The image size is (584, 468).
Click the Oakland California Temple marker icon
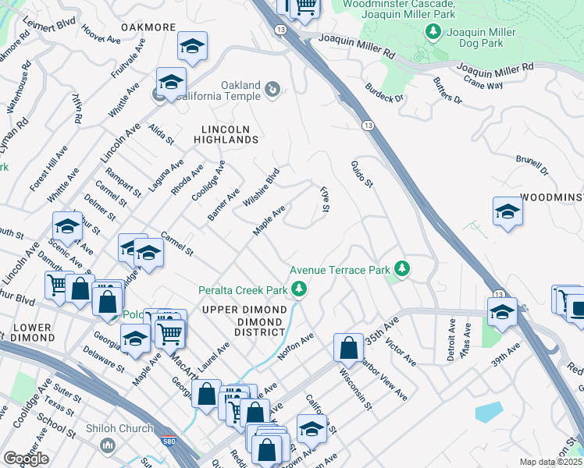[272, 90]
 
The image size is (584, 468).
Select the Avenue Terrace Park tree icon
[402, 269]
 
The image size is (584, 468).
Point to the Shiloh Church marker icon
[108, 445]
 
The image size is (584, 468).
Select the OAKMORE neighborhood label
[148, 27]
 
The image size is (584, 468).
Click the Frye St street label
[324, 201]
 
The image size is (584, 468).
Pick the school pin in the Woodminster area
[507, 211]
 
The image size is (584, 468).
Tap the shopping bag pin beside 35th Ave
[348, 346]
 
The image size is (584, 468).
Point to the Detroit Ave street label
[451, 337]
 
